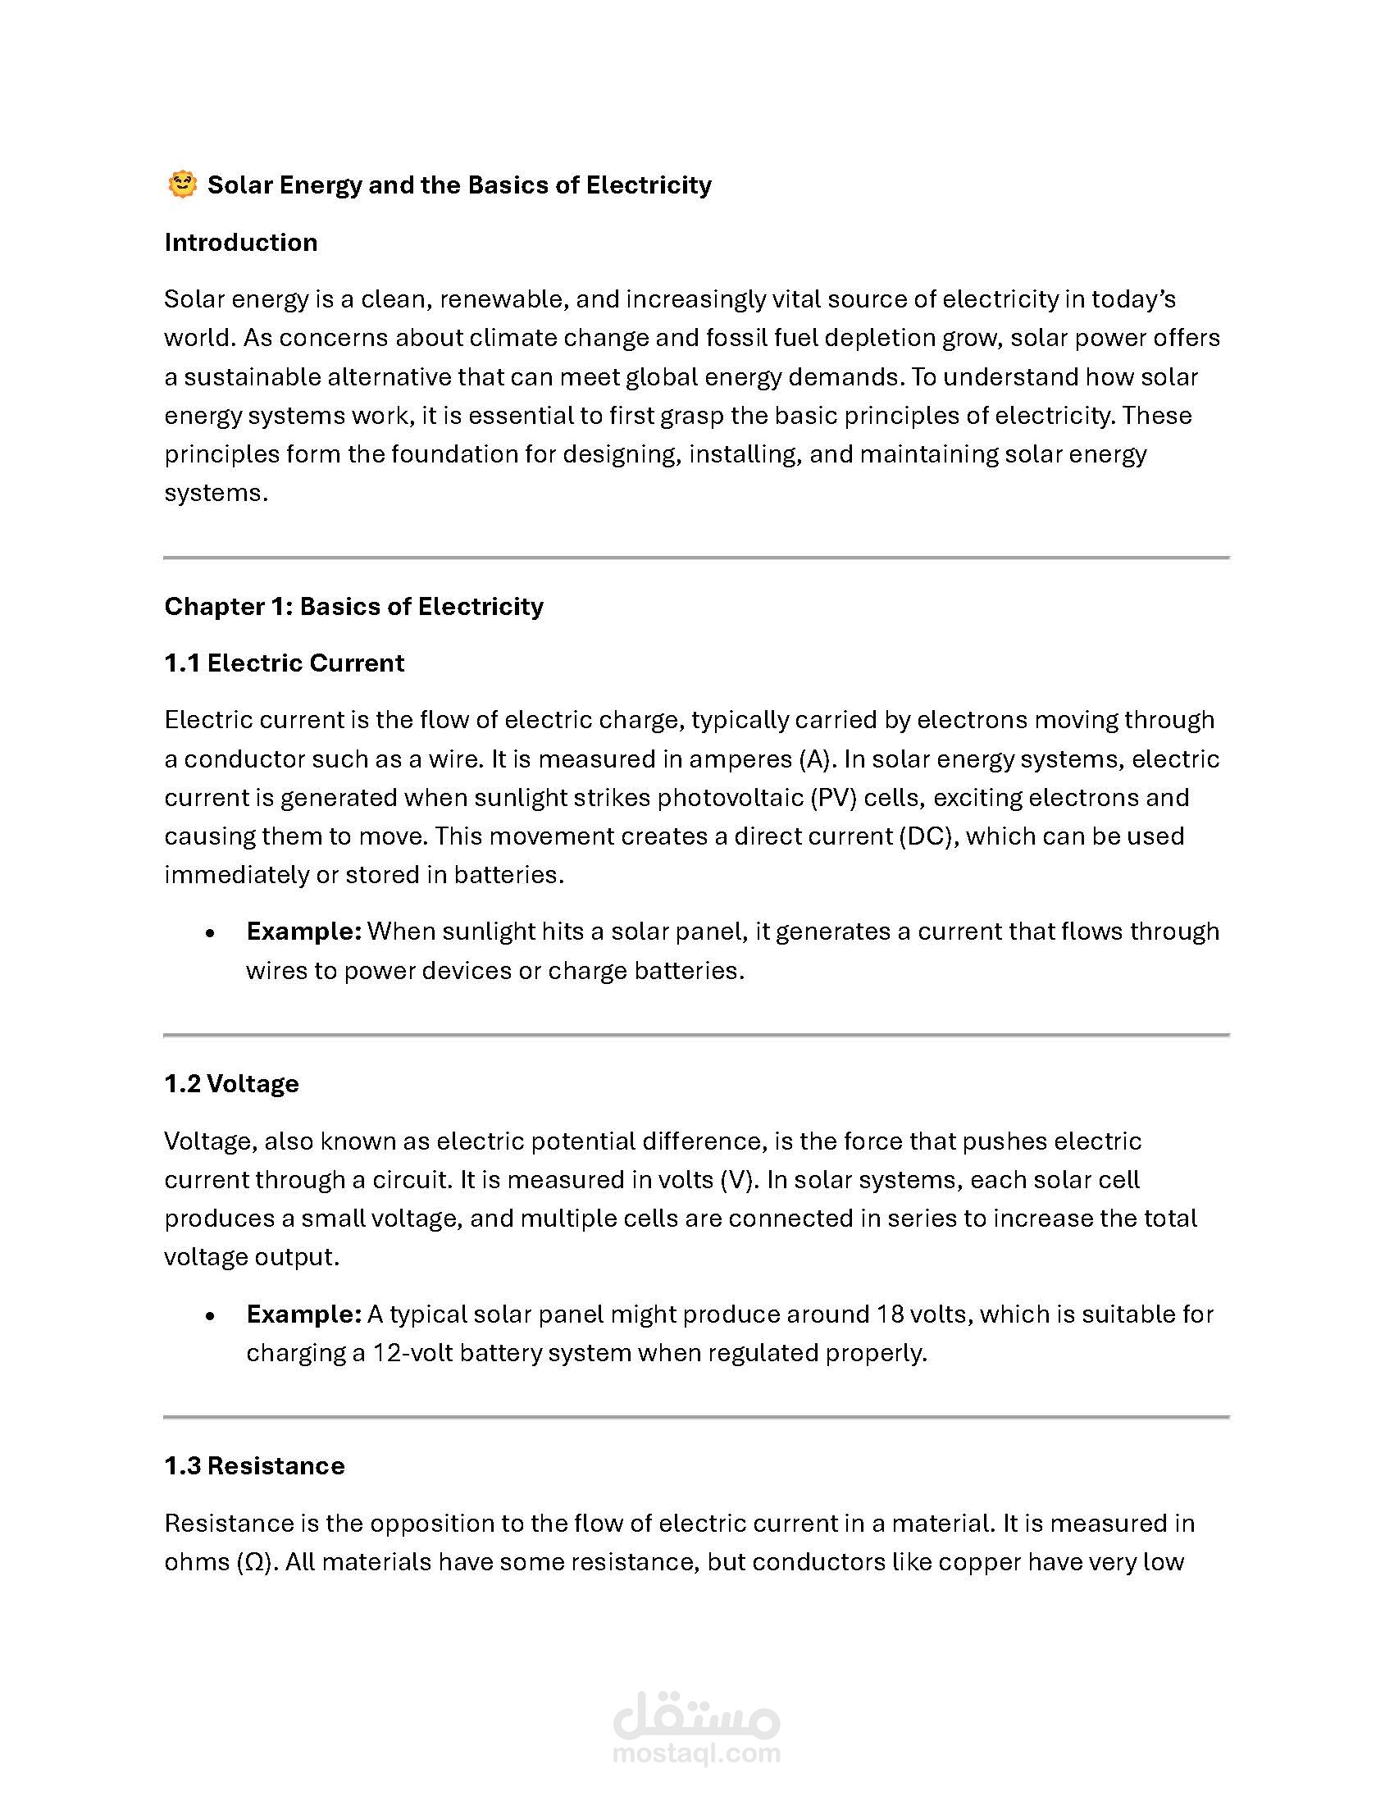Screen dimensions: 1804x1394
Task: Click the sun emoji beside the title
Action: [x=182, y=184]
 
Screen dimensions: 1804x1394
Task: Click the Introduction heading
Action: [x=240, y=242]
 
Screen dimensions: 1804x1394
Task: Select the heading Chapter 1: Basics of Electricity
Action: [x=353, y=606]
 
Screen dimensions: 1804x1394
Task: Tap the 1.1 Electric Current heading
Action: [x=284, y=663]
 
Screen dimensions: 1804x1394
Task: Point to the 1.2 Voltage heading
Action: [x=231, y=1083]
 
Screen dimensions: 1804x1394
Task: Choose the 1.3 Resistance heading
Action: [x=254, y=1465]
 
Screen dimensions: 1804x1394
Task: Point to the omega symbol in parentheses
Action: [x=254, y=1561]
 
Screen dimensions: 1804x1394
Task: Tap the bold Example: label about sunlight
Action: [x=303, y=931]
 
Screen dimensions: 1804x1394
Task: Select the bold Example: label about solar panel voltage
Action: [x=303, y=1314]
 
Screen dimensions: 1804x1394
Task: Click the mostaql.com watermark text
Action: [x=696, y=1753]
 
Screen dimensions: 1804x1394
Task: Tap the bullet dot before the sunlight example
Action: [x=211, y=932]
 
